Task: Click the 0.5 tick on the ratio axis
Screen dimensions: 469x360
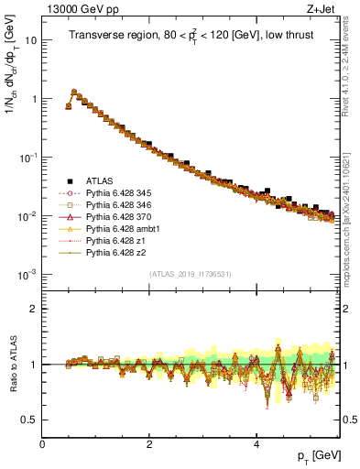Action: click(30, 420)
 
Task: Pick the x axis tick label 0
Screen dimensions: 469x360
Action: click(43, 444)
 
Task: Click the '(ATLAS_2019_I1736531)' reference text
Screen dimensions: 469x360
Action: click(191, 274)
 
